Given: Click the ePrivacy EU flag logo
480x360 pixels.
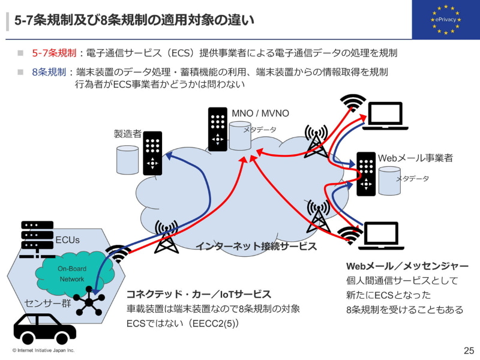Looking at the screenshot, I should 445,20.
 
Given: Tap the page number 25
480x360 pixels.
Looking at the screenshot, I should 469,350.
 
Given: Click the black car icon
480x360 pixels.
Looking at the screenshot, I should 44,328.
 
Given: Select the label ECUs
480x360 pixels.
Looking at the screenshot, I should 67,241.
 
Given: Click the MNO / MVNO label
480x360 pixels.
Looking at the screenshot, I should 260,113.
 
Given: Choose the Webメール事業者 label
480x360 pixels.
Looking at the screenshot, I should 415,158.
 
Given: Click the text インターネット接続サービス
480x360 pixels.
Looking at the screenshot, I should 256,246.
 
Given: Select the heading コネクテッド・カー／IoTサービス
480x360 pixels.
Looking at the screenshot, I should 199,294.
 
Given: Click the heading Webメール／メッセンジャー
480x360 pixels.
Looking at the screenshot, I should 407,266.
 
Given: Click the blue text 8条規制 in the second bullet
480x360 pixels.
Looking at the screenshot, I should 49,72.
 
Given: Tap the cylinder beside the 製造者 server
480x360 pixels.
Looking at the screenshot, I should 127,158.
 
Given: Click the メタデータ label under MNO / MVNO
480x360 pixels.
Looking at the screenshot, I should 260,130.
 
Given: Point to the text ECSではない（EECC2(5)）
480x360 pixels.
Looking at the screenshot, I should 182,323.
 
